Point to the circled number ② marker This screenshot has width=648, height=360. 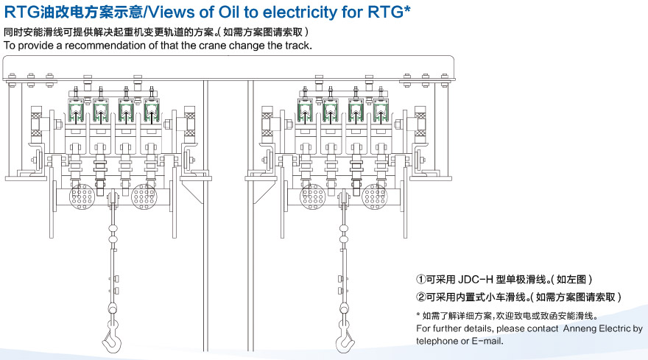(421, 297)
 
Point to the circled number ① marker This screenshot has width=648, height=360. (421, 280)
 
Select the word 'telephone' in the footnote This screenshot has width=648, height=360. (437, 341)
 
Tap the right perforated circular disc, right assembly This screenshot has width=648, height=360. (373, 195)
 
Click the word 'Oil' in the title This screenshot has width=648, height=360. (234, 11)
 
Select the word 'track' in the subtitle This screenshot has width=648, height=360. (296, 46)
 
